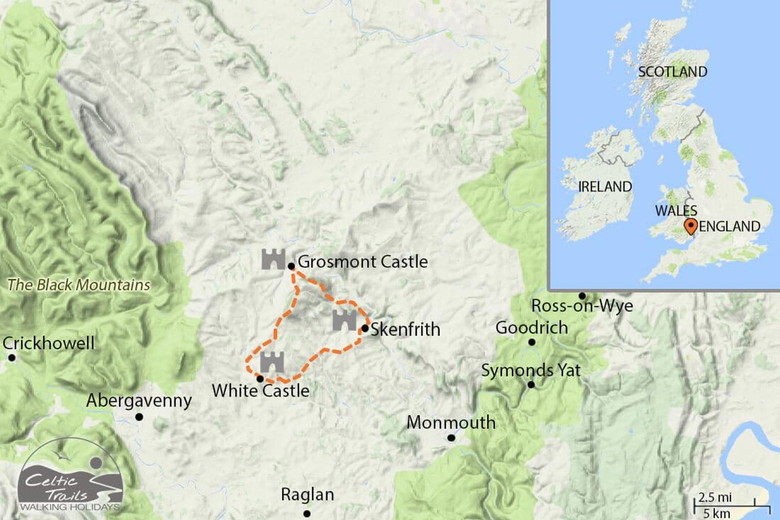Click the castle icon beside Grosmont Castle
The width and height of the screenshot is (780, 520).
point(273,259)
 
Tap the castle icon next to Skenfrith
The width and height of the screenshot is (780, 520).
point(344,321)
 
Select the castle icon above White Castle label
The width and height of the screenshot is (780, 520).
point(272,362)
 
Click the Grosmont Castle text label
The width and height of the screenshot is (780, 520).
point(362,262)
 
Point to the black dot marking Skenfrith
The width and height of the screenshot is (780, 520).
point(365,328)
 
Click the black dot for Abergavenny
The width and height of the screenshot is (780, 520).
point(139,417)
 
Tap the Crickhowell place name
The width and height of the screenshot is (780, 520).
point(48,344)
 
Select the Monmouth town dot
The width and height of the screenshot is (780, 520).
point(451,438)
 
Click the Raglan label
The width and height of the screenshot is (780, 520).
point(308,495)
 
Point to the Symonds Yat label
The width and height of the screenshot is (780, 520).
point(531,370)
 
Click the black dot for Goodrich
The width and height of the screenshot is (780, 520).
point(532,342)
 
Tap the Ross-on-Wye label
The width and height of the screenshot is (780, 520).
point(582,306)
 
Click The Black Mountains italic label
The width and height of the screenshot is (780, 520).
point(79,285)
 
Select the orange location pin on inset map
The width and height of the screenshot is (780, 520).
point(690,226)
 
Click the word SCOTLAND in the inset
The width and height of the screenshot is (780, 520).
point(672,72)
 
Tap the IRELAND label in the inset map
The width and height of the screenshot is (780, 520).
point(604,187)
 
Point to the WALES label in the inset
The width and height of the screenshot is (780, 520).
point(676,211)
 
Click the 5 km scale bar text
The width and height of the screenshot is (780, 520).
point(717,513)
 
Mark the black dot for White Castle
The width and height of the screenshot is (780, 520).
point(260,379)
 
